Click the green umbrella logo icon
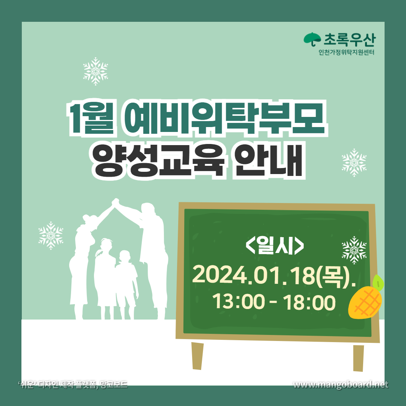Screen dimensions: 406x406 point(312,39)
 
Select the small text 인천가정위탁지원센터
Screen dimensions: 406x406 point(347,52)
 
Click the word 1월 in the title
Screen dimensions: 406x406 point(91,118)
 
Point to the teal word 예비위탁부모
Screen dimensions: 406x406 point(224,118)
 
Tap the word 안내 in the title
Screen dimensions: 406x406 point(269,161)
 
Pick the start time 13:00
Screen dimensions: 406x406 point(238,302)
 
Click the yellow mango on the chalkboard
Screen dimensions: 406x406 point(365,300)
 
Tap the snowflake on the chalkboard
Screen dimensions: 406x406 point(354,250)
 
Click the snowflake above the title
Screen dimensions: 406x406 point(95,71)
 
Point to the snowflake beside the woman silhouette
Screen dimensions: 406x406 point(51,235)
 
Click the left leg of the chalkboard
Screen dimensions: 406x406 point(197,356)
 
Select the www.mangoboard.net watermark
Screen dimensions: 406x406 point(341,385)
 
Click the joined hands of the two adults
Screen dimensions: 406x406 point(115,202)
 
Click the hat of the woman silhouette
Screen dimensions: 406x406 point(89,218)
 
